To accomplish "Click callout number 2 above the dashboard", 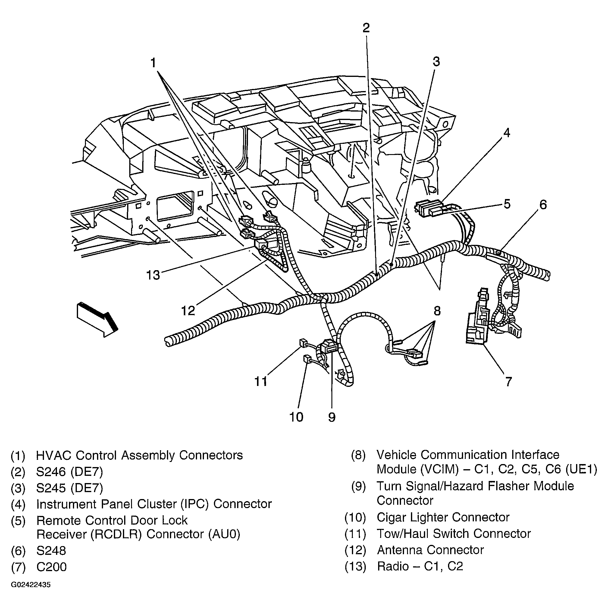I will click(x=366, y=28).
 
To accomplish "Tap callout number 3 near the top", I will click(x=436, y=62).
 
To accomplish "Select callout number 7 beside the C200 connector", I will click(x=508, y=382).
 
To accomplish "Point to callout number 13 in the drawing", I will click(x=153, y=275).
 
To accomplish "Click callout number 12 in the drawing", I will click(x=188, y=311).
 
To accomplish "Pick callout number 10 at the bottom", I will click(x=296, y=417).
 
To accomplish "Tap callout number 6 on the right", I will click(x=543, y=205).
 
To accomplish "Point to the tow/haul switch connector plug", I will click(x=302, y=343).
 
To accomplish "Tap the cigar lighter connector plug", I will click(x=306, y=359).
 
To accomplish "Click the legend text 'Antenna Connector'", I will click(x=430, y=550).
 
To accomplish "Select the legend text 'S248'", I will click(x=51, y=551).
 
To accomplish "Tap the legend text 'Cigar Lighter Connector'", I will click(x=443, y=517).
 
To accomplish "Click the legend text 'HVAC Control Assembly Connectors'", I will click(x=139, y=455).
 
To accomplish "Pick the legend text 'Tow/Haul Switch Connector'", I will click(x=454, y=534).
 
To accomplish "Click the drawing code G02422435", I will click(x=31, y=585).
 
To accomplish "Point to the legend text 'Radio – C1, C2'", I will click(x=420, y=566).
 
